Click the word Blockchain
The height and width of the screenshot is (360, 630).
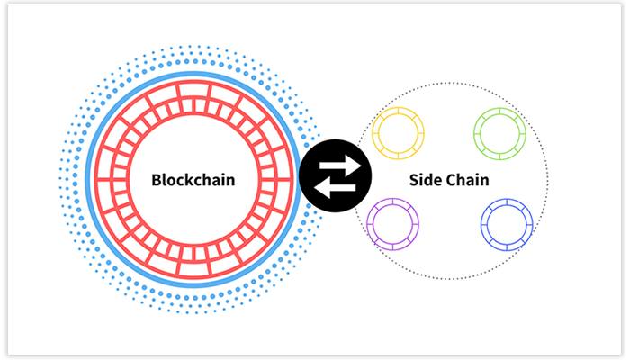(193, 180)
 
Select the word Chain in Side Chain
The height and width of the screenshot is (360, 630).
(470, 180)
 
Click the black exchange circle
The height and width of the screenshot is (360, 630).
(335, 176)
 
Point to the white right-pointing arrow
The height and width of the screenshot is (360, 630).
(341, 166)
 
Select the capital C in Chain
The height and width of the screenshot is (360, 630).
(454, 180)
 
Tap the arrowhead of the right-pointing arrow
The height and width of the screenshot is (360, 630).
(355, 165)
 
